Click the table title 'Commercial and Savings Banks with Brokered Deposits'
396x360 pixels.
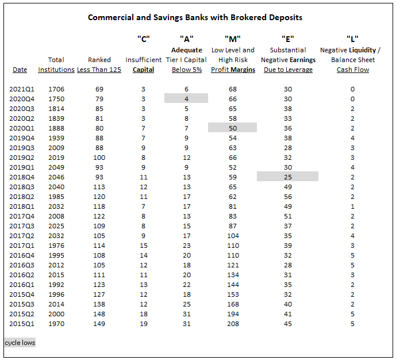coord(195,17)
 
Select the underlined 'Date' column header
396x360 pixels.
coord(20,70)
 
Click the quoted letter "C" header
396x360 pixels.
coord(144,39)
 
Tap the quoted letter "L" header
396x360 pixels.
coord(352,39)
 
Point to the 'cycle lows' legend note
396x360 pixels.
coord(20,343)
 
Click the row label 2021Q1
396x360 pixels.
coord(22,89)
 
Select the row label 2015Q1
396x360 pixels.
coord(22,324)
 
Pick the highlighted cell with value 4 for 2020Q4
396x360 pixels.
coord(186,98)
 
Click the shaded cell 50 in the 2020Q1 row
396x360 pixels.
coord(233,128)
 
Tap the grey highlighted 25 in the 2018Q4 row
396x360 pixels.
coord(287,177)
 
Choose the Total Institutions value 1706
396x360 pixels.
coord(56,89)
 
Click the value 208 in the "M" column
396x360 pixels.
coord(233,324)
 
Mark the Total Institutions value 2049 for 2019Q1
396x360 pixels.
coord(56,167)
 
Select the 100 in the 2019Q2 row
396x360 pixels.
coord(99,158)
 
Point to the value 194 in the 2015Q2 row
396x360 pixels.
coord(233,314)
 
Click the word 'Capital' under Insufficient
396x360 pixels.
coord(144,70)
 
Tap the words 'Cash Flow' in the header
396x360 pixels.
coord(353,70)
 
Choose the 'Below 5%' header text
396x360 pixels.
coord(187,70)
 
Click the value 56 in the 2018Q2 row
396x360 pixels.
coord(288,197)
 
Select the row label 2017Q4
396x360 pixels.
coord(22,216)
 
